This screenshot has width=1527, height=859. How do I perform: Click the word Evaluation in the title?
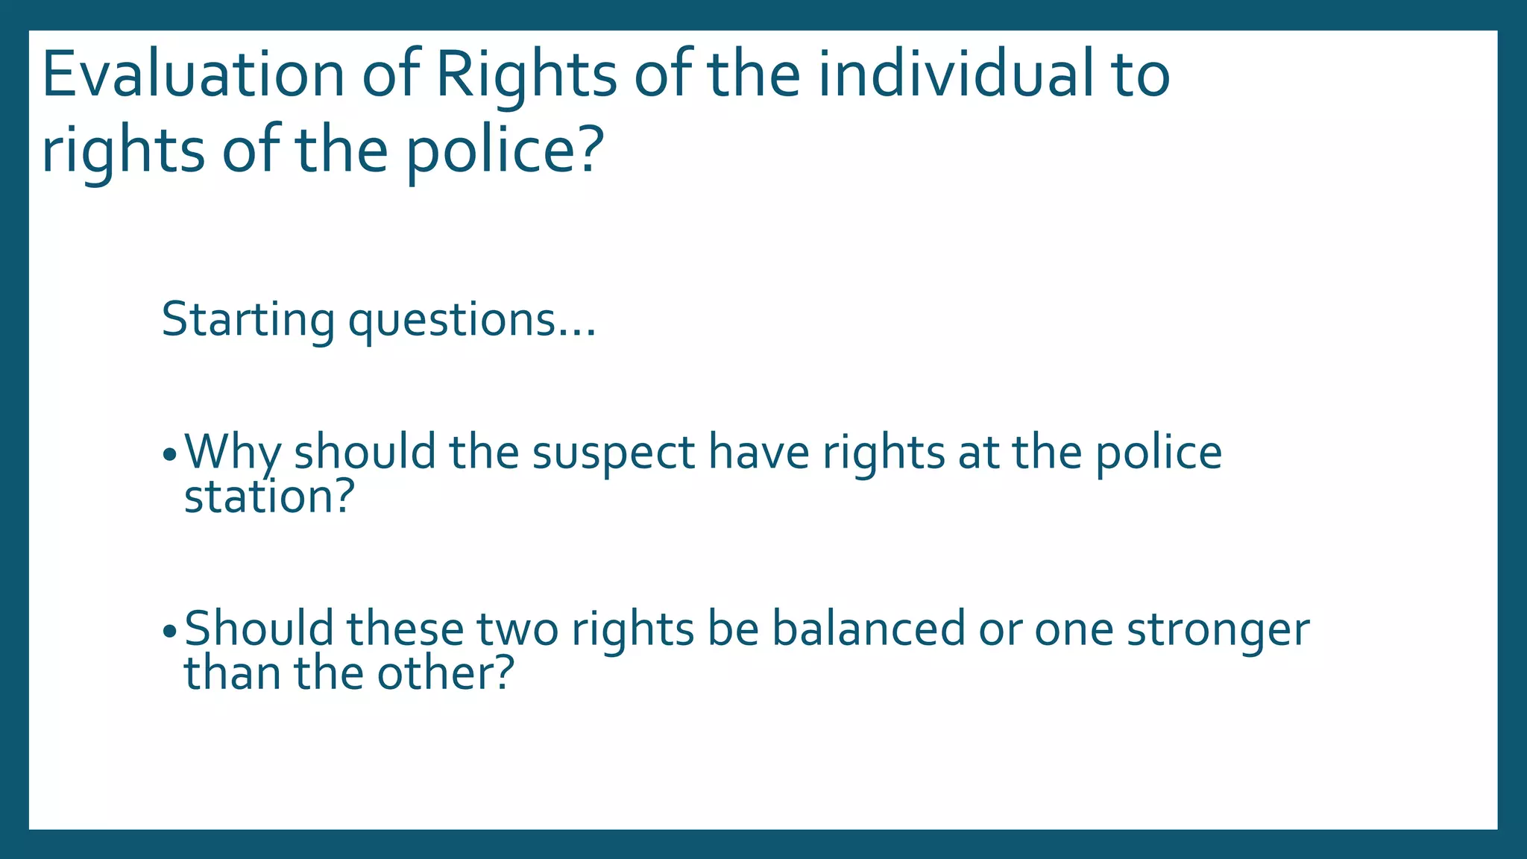193,75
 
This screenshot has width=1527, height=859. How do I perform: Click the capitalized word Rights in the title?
526,75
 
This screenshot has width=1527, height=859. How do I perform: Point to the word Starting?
248,320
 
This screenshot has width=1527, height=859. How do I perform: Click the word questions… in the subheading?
472,320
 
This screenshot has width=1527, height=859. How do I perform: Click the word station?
268,497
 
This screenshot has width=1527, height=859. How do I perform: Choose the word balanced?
868,629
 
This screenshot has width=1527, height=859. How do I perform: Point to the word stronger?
1218,629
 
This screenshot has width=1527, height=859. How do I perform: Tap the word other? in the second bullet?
445,673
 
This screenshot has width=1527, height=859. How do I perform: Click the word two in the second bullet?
517,629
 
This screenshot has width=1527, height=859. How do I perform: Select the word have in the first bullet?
758,453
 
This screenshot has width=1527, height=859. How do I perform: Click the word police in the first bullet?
1159,453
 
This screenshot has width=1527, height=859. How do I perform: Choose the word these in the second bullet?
405,629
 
